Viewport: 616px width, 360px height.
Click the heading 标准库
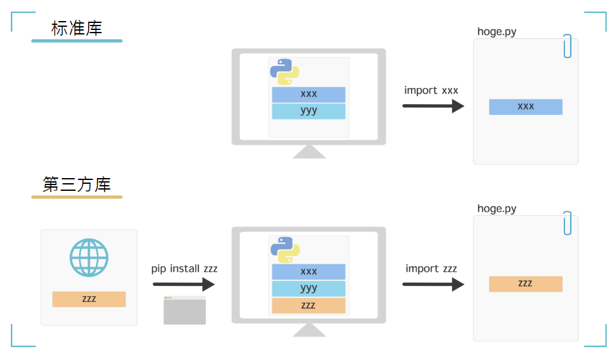tap(77, 28)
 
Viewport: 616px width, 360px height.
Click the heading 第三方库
tap(77, 184)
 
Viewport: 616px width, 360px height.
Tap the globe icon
tap(89, 257)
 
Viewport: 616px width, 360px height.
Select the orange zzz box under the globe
tap(89, 299)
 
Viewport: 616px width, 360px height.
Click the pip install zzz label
tap(184, 269)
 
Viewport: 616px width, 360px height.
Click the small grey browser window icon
tap(184, 310)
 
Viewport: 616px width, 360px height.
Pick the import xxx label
tap(431, 90)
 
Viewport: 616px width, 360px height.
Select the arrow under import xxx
tap(433, 106)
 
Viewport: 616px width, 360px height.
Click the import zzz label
tap(431, 269)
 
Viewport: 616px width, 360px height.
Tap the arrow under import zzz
tap(433, 285)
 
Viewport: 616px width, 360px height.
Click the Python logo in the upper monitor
tap(285, 71)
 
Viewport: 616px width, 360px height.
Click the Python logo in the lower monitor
tap(285, 250)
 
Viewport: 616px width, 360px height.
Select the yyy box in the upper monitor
tap(308, 111)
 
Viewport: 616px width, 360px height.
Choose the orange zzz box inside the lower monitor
tap(308, 305)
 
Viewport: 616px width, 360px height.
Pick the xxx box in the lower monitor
tap(308, 271)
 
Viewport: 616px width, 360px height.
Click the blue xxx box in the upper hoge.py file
tap(525, 107)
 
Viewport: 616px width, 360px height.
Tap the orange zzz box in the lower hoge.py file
tap(525, 283)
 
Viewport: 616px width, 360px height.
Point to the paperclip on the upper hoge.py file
tap(567, 46)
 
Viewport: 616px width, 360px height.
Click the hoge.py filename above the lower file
tap(497, 209)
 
